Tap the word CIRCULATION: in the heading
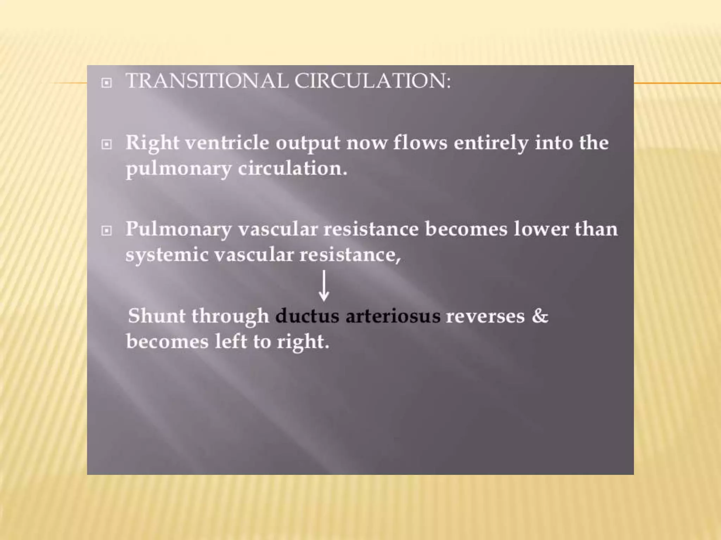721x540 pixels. tap(372, 81)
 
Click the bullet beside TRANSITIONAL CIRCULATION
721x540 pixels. tap(106, 83)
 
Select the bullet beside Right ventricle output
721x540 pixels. tap(106, 144)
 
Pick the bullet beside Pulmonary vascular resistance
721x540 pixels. tap(106, 231)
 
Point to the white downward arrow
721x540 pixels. tap(324, 285)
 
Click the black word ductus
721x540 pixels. tap(307, 316)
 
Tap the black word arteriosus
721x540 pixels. tap(393, 316)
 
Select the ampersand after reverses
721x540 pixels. tap(540, 316)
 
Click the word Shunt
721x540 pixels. tap(156, 316)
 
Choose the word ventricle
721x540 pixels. tap(227, 143)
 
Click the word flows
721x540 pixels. tap(420, 143)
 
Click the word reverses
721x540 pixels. tap(485, 316)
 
